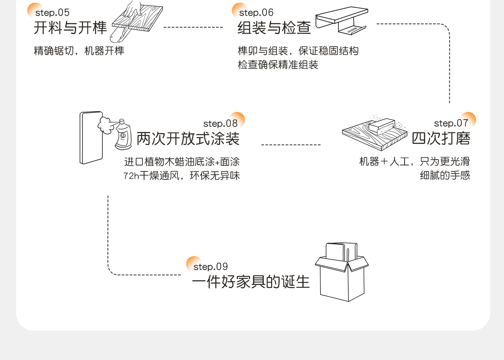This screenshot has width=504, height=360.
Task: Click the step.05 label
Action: [x=52, y=13]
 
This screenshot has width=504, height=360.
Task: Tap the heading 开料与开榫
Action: [x=70, y=28]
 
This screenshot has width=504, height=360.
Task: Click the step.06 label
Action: [x=256, y=13]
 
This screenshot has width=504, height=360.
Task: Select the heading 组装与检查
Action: [x=274, y=28]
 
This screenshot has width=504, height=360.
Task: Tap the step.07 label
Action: [x=451, y=123]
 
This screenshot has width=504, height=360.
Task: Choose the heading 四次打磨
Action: [x=441, y=138]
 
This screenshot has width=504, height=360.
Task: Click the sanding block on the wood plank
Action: [x=382, y=127]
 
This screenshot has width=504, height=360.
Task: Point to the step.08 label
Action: [x=220, y=124]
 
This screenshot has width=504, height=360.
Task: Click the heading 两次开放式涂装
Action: [x=188, y=138]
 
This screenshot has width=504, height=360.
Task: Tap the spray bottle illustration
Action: [x=123, y=135]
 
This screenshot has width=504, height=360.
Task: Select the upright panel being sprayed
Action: [x=91, y=138]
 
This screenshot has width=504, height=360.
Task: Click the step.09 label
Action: [x=210, y=267]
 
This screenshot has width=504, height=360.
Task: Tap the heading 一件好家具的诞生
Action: [x=251, y=282]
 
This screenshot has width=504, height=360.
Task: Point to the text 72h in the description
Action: [x=131, y=176]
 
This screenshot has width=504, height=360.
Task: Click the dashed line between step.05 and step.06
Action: [x=193, y=27]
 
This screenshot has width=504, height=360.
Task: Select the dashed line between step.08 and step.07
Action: [x=291, y=145]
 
